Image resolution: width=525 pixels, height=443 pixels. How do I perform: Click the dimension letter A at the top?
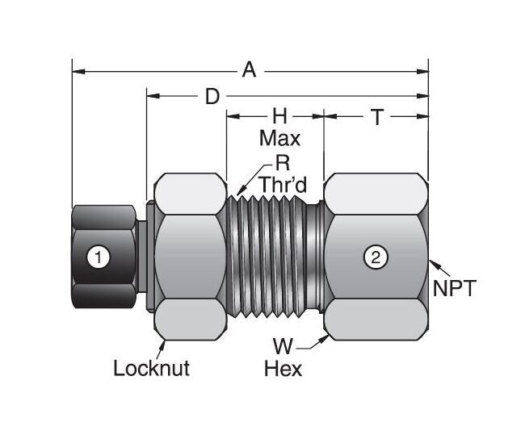[250, 71]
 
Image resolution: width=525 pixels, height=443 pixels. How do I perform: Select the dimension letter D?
[212, 97]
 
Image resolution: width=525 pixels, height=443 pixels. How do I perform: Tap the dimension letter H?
[279, 117]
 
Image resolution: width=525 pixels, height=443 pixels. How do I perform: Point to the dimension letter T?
[376, 117]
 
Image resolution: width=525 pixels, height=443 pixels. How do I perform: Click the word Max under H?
[279, 138]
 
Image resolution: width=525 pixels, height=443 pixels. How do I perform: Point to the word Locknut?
[151, 369]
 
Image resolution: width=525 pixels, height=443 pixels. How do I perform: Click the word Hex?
[283, 370]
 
